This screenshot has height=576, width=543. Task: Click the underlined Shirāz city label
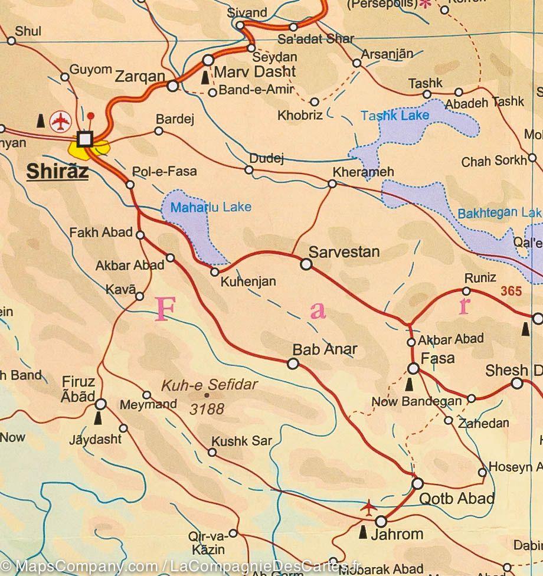click(57, 172)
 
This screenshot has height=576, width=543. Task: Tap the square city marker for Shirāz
click(86, 139)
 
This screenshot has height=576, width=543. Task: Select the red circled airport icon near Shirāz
click(60, 120)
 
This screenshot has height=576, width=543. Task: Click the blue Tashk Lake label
click(395, 116)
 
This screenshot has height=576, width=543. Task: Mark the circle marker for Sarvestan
click(306, 265)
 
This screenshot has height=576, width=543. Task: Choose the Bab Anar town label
click(326, 349)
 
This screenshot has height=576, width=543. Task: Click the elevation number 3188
click(207, 409)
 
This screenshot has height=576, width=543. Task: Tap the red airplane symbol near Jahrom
click(369, 506)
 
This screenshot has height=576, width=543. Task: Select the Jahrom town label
click(400, 535)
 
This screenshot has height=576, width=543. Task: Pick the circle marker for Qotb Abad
click(418, 483)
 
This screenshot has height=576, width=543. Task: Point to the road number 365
click(511, 291)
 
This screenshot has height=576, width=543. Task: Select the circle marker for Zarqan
click(172, 86)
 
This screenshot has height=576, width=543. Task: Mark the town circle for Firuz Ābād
click(101, 404)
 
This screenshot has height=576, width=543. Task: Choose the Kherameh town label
click(364, 172)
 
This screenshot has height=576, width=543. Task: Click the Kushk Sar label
click(242, 441)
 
